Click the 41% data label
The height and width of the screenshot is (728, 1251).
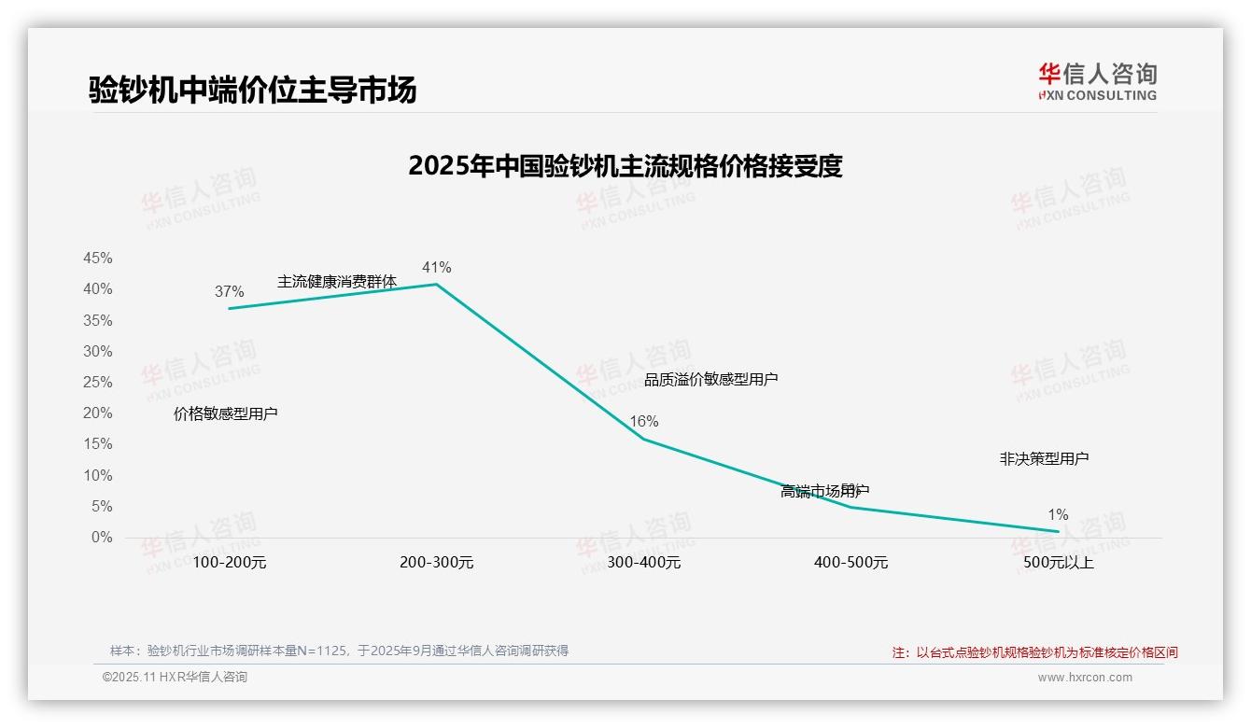(x=436, y=268)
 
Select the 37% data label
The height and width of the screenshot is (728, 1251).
(x=229, y=292)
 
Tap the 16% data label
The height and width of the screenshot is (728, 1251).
(x=643, y=422)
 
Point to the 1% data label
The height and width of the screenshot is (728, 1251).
(x=1058, y=515)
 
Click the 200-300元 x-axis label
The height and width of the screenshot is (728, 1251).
(x=436, y=563)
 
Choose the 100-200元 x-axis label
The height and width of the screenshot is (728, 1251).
(x=229, y=563)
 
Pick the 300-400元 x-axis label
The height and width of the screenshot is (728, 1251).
(x=643, y=563)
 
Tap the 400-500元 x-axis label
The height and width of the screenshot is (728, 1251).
(x=850, y=563)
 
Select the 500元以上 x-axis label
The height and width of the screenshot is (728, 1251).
(x=1058, y=563)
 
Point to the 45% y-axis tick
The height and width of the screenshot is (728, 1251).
(x=98, y=259)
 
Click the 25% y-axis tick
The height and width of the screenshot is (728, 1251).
(x=98, y=383)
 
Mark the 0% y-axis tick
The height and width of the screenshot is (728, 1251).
(x=102, y=538)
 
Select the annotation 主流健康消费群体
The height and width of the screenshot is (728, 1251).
(x=336, y=282)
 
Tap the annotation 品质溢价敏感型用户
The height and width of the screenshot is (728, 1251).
(x=710, y=380)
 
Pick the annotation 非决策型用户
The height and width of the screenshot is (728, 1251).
(x=1044, y=459)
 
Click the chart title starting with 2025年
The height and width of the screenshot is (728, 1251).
(x=625, y=166)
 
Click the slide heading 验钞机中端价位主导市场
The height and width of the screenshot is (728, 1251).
(x=252, y=90)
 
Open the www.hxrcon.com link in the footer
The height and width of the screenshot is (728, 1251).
(x=1084, y=678)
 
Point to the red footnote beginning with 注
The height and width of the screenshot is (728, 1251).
(x=1034, y=652)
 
